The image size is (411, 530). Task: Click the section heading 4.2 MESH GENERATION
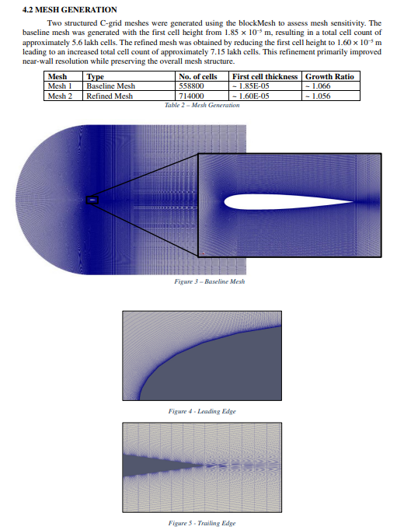tap(70, 9)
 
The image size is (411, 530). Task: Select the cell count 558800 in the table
tap(191, 85)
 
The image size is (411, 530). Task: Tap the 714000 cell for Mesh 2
tap(191, 96)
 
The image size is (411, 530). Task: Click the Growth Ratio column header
tap(329, 76)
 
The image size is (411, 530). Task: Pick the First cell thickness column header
tap(265, 76)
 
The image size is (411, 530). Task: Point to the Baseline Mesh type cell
tap(110, 85)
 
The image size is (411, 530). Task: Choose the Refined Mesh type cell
tap(110, 96)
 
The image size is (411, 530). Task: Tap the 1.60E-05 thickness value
tap(251, 96)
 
